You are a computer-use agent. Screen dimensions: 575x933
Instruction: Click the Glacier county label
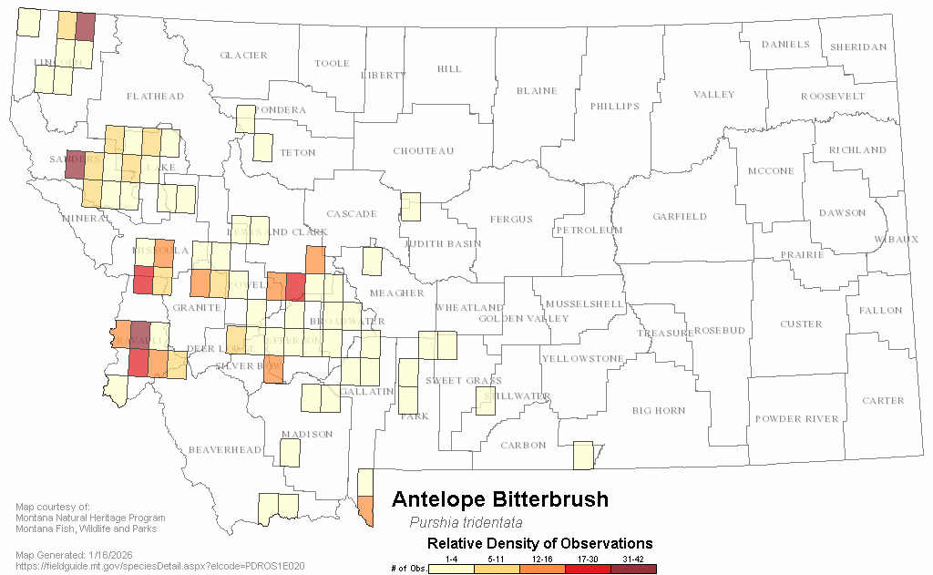pyautogui.click(x=243, y=56)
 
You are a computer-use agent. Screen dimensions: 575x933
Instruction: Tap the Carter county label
pyautogui.click(x=883, y=401)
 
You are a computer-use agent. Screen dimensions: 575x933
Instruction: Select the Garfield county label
pyautogui.click(x=679, y=217)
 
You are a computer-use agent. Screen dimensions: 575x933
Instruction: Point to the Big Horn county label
pyautogui.click(x=659, y=411)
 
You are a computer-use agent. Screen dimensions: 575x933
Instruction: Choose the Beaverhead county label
pyautogui.click(x=224, y=450)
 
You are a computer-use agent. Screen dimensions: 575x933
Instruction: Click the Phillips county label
pyautogui.click(x=614, y=107)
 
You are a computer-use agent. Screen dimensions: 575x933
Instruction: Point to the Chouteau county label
pyautogui.click(x=423, y=151)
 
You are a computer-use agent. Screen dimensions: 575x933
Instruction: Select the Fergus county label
pyautogui.click(x=511, y=220)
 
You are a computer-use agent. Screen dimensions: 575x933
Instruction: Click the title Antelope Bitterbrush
pyautogui.click(x=499, y=499)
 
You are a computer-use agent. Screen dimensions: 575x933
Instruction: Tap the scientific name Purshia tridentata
pyautogui.click(x=466, y=523)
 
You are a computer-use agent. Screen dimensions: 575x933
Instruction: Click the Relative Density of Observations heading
pyautogui.click(x=540, y=544)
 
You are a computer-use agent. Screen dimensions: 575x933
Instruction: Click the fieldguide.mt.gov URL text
pyautogui.click(x=160, y=566)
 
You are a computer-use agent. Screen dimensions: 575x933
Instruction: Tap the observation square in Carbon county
pyautogui.click(x=583, y=456)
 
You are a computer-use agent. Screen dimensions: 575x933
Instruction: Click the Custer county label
pyautogui.click(x=801, y=324)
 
